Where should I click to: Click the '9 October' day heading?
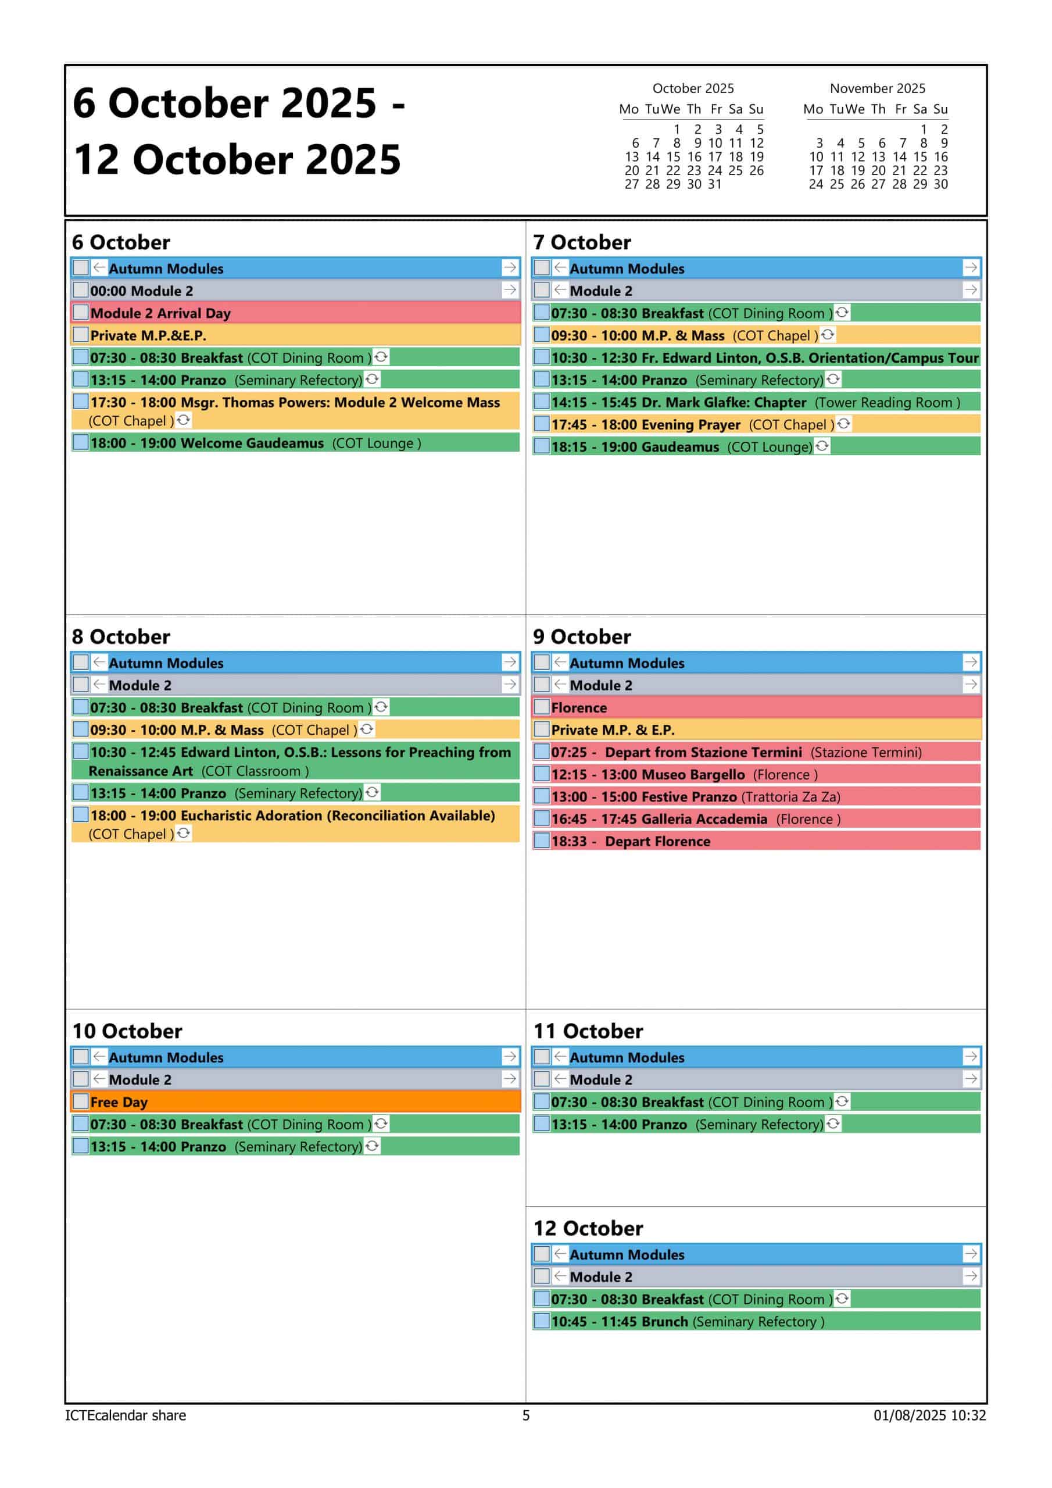coord(581,636)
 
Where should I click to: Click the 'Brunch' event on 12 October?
coord(687,1321)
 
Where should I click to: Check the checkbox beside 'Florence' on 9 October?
coord(542,707)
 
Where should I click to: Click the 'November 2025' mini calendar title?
coord(877,88)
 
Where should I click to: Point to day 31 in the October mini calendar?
coord(714,184)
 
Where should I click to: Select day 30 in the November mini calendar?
coord(940,184)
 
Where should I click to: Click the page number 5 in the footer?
coord(525,1415)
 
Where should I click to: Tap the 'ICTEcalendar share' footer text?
coord(125,1415)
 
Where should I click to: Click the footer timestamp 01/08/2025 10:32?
coord(929,1415)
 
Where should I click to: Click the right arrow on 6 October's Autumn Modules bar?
coord(510,267)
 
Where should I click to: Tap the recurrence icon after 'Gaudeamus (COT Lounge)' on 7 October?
coord(822,446)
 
